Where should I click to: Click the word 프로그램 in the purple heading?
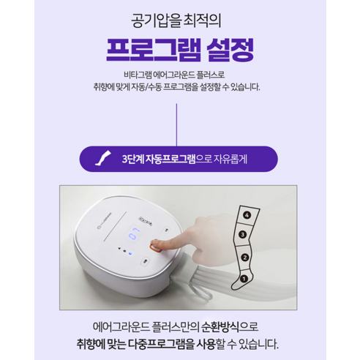click(x=150, y=53)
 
